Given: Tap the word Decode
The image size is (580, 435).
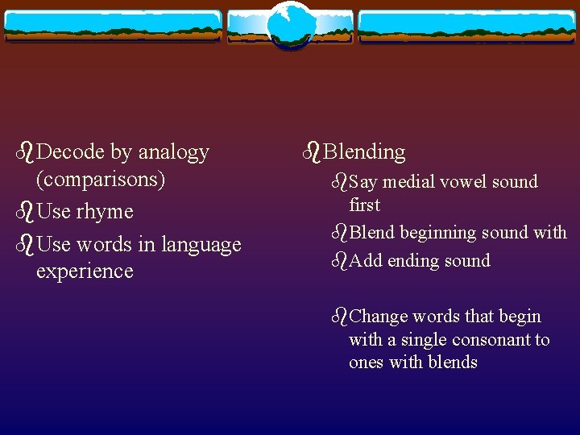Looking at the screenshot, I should (x=71, y=151).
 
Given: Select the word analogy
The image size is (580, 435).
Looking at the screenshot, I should (x=173, y=151).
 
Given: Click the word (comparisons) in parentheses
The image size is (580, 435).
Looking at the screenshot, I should (x=101, y=179).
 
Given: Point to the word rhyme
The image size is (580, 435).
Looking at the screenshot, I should (x=104, y=212).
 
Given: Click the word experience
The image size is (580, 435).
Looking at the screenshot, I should (x=85, y=271).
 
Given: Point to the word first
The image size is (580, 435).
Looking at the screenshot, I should (x=364, y=205).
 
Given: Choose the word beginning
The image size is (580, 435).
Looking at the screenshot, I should (x=438, y=234).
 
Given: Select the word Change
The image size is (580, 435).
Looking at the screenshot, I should (x=379, y=317).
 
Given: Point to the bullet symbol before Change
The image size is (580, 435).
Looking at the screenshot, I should (x=338, y=316).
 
